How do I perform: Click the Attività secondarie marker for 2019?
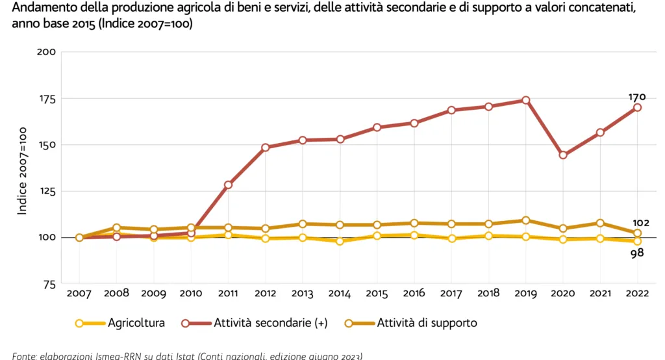[525, 100]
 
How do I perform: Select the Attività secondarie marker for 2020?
[563, 155]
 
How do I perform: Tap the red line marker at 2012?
[266, 148]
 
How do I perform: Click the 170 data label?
[636, 97]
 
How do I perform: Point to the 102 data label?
[640, 223]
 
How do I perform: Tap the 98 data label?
[636, 253]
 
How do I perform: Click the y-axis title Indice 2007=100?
[22, 172]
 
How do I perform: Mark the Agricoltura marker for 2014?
[340, 241]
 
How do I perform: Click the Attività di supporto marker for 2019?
[525, 220]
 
